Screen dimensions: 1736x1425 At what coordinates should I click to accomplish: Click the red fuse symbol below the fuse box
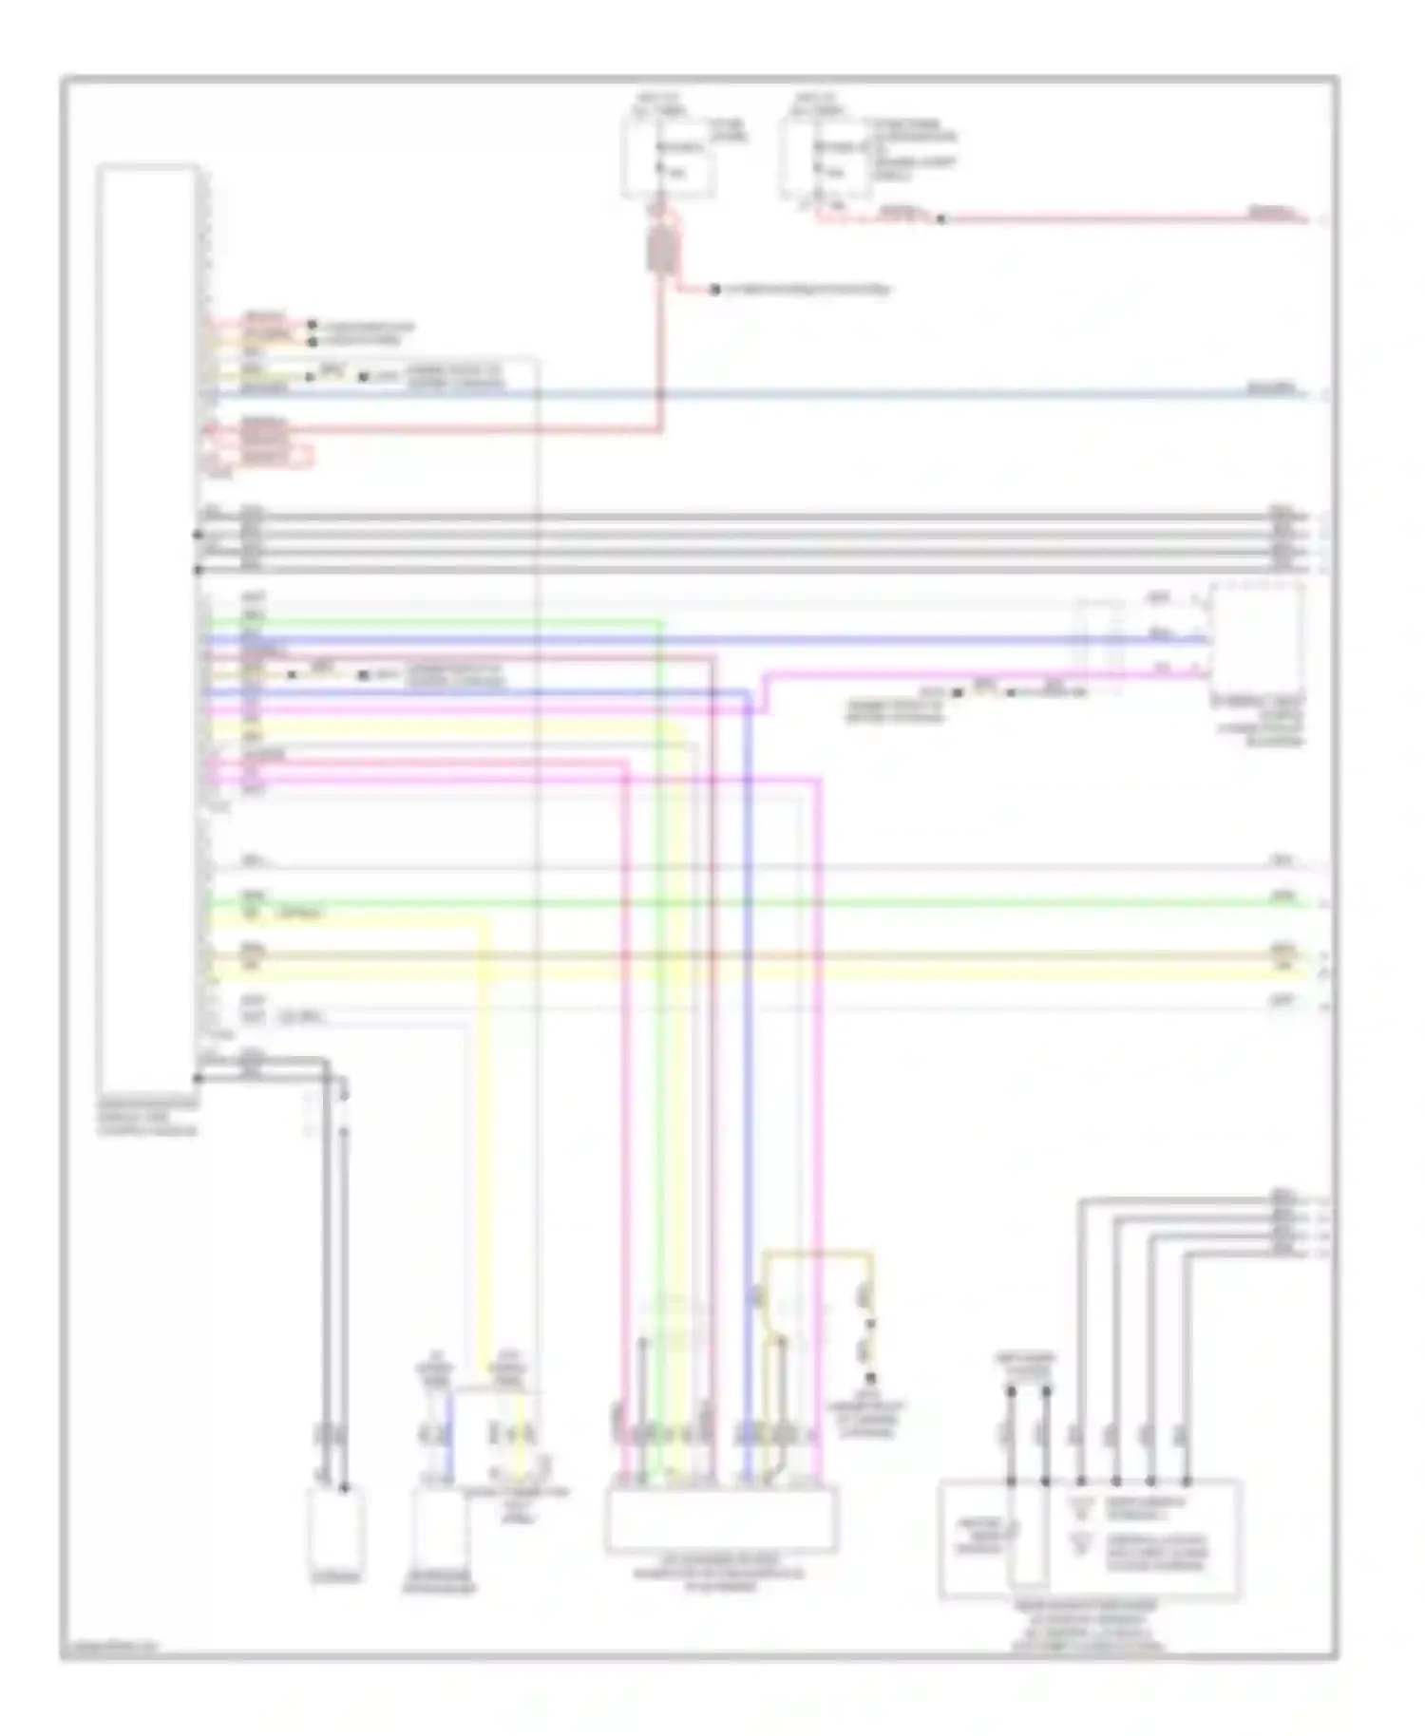(x=657, y=249)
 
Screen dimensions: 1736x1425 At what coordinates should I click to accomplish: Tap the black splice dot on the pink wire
(x=941, y=219)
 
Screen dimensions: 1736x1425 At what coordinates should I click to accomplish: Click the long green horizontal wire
(x=760, y=902)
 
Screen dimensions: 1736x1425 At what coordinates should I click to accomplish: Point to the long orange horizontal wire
(x=760, y=956)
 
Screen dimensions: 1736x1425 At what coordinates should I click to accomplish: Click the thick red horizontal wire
(x=475, y=430)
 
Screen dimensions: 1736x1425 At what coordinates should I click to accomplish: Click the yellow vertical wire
(x=486, y=1140)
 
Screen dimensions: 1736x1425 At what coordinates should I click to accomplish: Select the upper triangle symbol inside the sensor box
(x=1079, y=1505)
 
